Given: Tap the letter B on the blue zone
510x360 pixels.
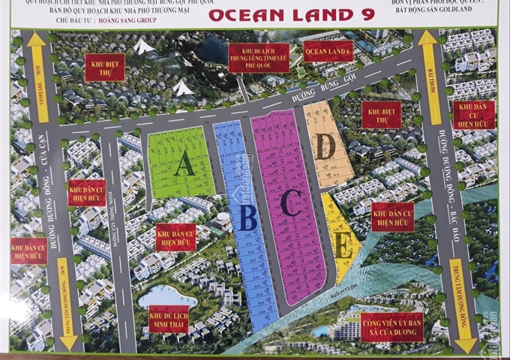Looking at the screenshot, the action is point(248,217).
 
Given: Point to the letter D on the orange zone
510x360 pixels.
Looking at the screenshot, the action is point(325,147).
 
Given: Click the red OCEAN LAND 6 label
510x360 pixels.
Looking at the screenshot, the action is point(327,50).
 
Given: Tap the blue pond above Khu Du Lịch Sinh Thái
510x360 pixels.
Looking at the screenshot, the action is point(166,295).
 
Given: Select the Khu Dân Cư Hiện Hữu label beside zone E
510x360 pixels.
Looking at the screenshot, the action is point(391,216).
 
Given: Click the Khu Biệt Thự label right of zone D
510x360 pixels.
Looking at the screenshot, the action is point(381,115).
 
